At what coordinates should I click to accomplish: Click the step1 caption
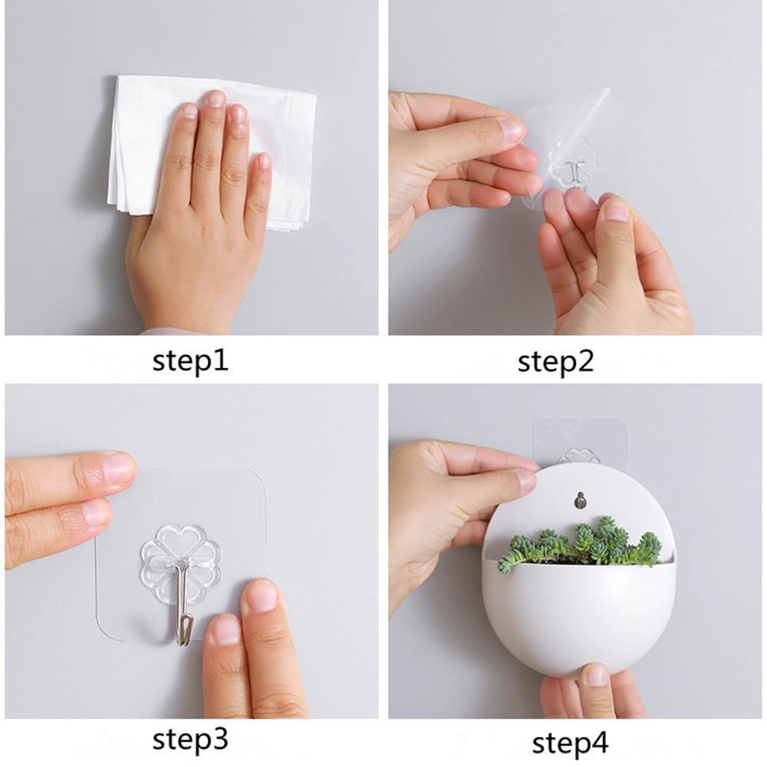(190, 360)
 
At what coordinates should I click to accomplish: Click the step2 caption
(555, 360)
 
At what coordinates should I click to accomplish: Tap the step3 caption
(190, 739)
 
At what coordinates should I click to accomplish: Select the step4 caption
(570, 742)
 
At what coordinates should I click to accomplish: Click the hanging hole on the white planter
(581, 499)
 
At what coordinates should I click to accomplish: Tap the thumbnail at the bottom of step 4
(596, 675)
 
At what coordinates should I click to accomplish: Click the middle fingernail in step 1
(215, 99)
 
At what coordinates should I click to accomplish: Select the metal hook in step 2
(571, 172)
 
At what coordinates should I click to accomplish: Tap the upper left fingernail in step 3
(118, 467)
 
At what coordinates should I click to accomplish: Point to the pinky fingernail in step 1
(264, 162)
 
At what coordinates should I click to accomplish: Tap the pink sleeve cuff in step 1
(165, 331)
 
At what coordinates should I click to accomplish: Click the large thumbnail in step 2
(614, 211)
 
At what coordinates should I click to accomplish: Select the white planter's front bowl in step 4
(579, 614)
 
